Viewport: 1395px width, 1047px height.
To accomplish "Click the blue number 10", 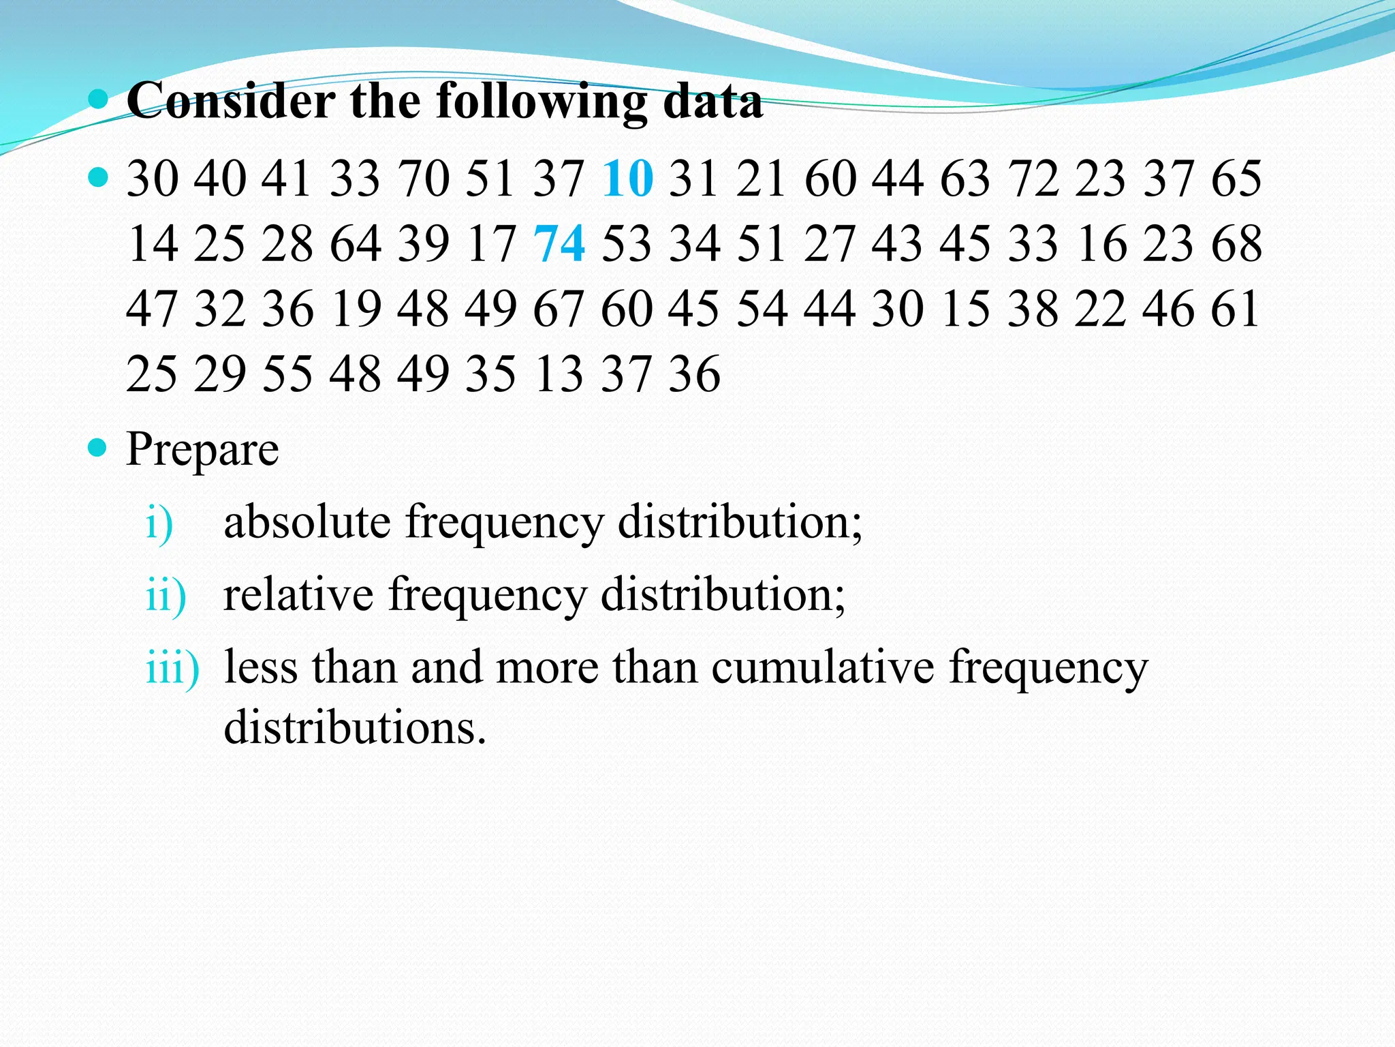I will [627, 179].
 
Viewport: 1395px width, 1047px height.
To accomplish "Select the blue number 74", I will [559, 243].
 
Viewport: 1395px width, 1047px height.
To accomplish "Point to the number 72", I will [1033, 179].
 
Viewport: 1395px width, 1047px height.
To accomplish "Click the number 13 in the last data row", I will [559, 374].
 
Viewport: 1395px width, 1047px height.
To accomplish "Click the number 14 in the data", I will [152, 243].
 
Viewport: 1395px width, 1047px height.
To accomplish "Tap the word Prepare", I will [202, 450].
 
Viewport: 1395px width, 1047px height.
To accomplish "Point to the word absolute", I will [307, 522].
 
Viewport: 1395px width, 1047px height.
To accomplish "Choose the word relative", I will [298, 594].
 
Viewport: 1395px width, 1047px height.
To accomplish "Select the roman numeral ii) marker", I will [166, 594].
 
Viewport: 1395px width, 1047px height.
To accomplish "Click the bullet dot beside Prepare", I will [99, 448].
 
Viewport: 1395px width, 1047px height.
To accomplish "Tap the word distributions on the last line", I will [354, 727].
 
